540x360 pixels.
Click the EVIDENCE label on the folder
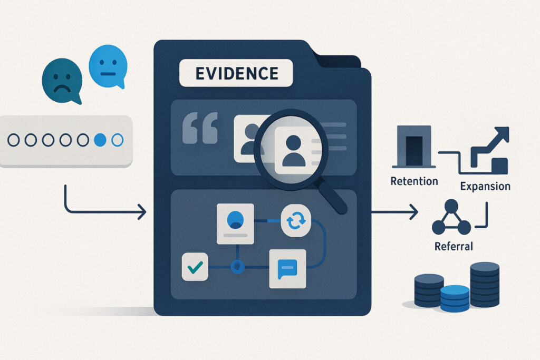click(x=236, y=73)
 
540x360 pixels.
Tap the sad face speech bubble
click(x=62, y=81)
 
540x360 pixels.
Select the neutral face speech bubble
click(x=108, y=66)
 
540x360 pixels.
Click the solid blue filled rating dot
click(x=100, y=140)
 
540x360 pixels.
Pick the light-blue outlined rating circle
click(x=118, y=140)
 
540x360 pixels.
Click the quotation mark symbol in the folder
click(x=200, y=128)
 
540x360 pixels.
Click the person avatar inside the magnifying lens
click(x=294, y=151)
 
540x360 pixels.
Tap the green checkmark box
click(x=195, y=267)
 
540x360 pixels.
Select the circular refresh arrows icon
click(x=296, y=221)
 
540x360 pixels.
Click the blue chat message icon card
click(x=287, y=269)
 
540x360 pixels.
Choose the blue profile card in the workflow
click(x=235, y=223)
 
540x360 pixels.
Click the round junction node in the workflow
click(x=237, y=267)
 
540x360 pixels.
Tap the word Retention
click(x=414, y=181)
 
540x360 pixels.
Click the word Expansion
click(x=485, y=187)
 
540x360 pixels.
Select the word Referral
click(x=454, y=247)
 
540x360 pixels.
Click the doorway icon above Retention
click(x=414, y=147)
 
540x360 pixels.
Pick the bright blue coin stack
click(x=455, y=298)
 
